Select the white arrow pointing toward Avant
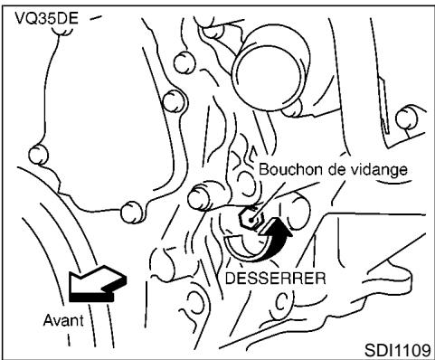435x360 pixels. coord(96,288)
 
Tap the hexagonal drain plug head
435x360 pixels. coord(251,218)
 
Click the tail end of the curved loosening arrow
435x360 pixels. coord(233,242)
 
